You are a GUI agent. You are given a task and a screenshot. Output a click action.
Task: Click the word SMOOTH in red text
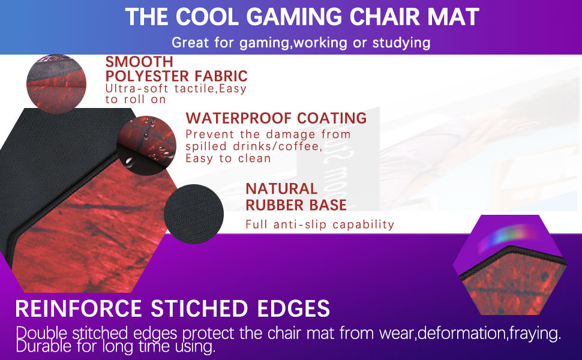pyautogui.click(x=139, y=62)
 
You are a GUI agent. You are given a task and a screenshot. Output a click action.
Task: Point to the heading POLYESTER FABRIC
pyautogui.click(x=176, y=76)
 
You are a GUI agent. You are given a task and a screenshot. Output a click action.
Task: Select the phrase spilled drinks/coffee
pyautogui.click(x=254, y=146)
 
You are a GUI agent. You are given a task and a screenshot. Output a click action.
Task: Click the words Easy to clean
pyautogui.click(x=228, y=158)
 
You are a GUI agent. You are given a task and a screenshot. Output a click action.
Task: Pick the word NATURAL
pyautogui.click(x=281, y=189)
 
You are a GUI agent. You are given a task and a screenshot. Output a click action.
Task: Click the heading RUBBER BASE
pyautogui.click(x=296, y=205)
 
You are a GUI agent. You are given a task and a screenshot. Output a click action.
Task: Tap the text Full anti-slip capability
pyautogui.click(x=320, y=225)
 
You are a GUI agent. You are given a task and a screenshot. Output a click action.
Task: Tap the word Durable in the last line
pyautogui.click(x=41, y=346)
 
